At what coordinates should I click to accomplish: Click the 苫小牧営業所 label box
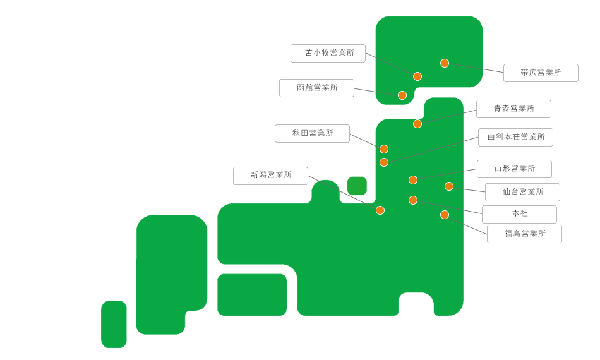pos(328,53)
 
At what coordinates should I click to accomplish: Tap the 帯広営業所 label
pos(541,73)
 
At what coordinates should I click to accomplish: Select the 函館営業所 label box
pos(317,88)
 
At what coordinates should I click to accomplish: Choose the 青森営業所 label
pos(514,109)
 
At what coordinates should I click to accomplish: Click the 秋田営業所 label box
pos(312,133)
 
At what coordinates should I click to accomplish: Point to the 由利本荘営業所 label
pos(516,137)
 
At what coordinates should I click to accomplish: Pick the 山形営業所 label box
pos(514,169)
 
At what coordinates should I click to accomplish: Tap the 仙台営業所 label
pos(523,192)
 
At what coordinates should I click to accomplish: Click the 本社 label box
pos(519,214)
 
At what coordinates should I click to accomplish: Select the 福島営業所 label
pos(525,234)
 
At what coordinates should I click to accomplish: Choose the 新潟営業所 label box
pos(270,176)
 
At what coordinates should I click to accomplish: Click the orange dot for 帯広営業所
pos(445,63)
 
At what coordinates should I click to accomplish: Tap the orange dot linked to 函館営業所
pos(402,95)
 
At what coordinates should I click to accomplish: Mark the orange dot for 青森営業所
pos(417,124)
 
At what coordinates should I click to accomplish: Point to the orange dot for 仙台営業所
pos(449,186)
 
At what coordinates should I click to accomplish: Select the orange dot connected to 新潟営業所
pos(380,210)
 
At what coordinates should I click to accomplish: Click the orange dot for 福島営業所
pos(445,215)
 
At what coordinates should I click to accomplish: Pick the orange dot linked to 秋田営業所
pos(384,149)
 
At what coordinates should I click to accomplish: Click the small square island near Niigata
pos(357,186)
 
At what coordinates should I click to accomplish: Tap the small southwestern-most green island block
pos(114,325)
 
